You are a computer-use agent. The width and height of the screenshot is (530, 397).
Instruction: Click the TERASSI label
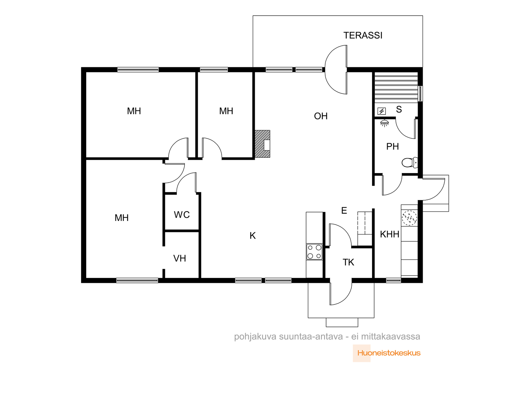pyautogui.click(x=363, y=35)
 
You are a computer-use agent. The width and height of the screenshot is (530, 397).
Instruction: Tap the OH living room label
pyautogui.click(x=321, y=116)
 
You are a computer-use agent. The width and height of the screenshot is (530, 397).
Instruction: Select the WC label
pyautogui.click(x=182, y=214)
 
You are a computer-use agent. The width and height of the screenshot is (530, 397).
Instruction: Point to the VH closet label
pyautogui.click(x=180, y=258)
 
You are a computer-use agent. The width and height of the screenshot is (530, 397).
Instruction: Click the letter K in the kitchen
pyautogui.click(x=252, y=236)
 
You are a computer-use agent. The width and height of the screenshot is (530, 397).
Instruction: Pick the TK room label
pyautogui.click(x=348, y=262)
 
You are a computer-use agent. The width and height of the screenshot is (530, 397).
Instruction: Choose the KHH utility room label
pyautogui.click(x=390, y=234)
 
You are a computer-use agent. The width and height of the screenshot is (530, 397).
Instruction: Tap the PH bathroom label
pyautogui.click(x=393, y=146)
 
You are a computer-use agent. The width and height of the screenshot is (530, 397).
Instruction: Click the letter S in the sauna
pyautogui.click(x=399, y=110)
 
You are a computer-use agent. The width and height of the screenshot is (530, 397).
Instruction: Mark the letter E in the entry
pyautogui.click(x=344, y=210)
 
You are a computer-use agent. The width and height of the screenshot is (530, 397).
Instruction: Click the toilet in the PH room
pyautogui.click(x=409, y=162)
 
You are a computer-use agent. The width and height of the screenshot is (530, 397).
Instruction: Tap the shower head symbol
pyautogui.click(x=384, y=123)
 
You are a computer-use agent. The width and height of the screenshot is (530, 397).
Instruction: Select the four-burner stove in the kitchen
pyautogui.click(x=314, y=252)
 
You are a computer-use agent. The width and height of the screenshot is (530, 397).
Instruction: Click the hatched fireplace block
pyautogui.click(x=262, y=144)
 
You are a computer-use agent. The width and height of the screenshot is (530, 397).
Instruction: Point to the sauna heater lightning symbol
pyautogui.click(x=382, y=111)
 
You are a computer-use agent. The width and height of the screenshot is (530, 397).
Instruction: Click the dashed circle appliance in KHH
pyautogui.click(x=409, y=218)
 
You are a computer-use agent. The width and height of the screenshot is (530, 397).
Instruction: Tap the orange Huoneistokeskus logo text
pyautogui.click(x=389, y=353)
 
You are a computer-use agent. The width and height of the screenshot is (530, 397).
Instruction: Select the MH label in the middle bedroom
pyautogui.click(x=226, y=111)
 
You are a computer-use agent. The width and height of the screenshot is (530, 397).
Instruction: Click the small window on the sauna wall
pyautogui.click(x=421, y=94)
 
